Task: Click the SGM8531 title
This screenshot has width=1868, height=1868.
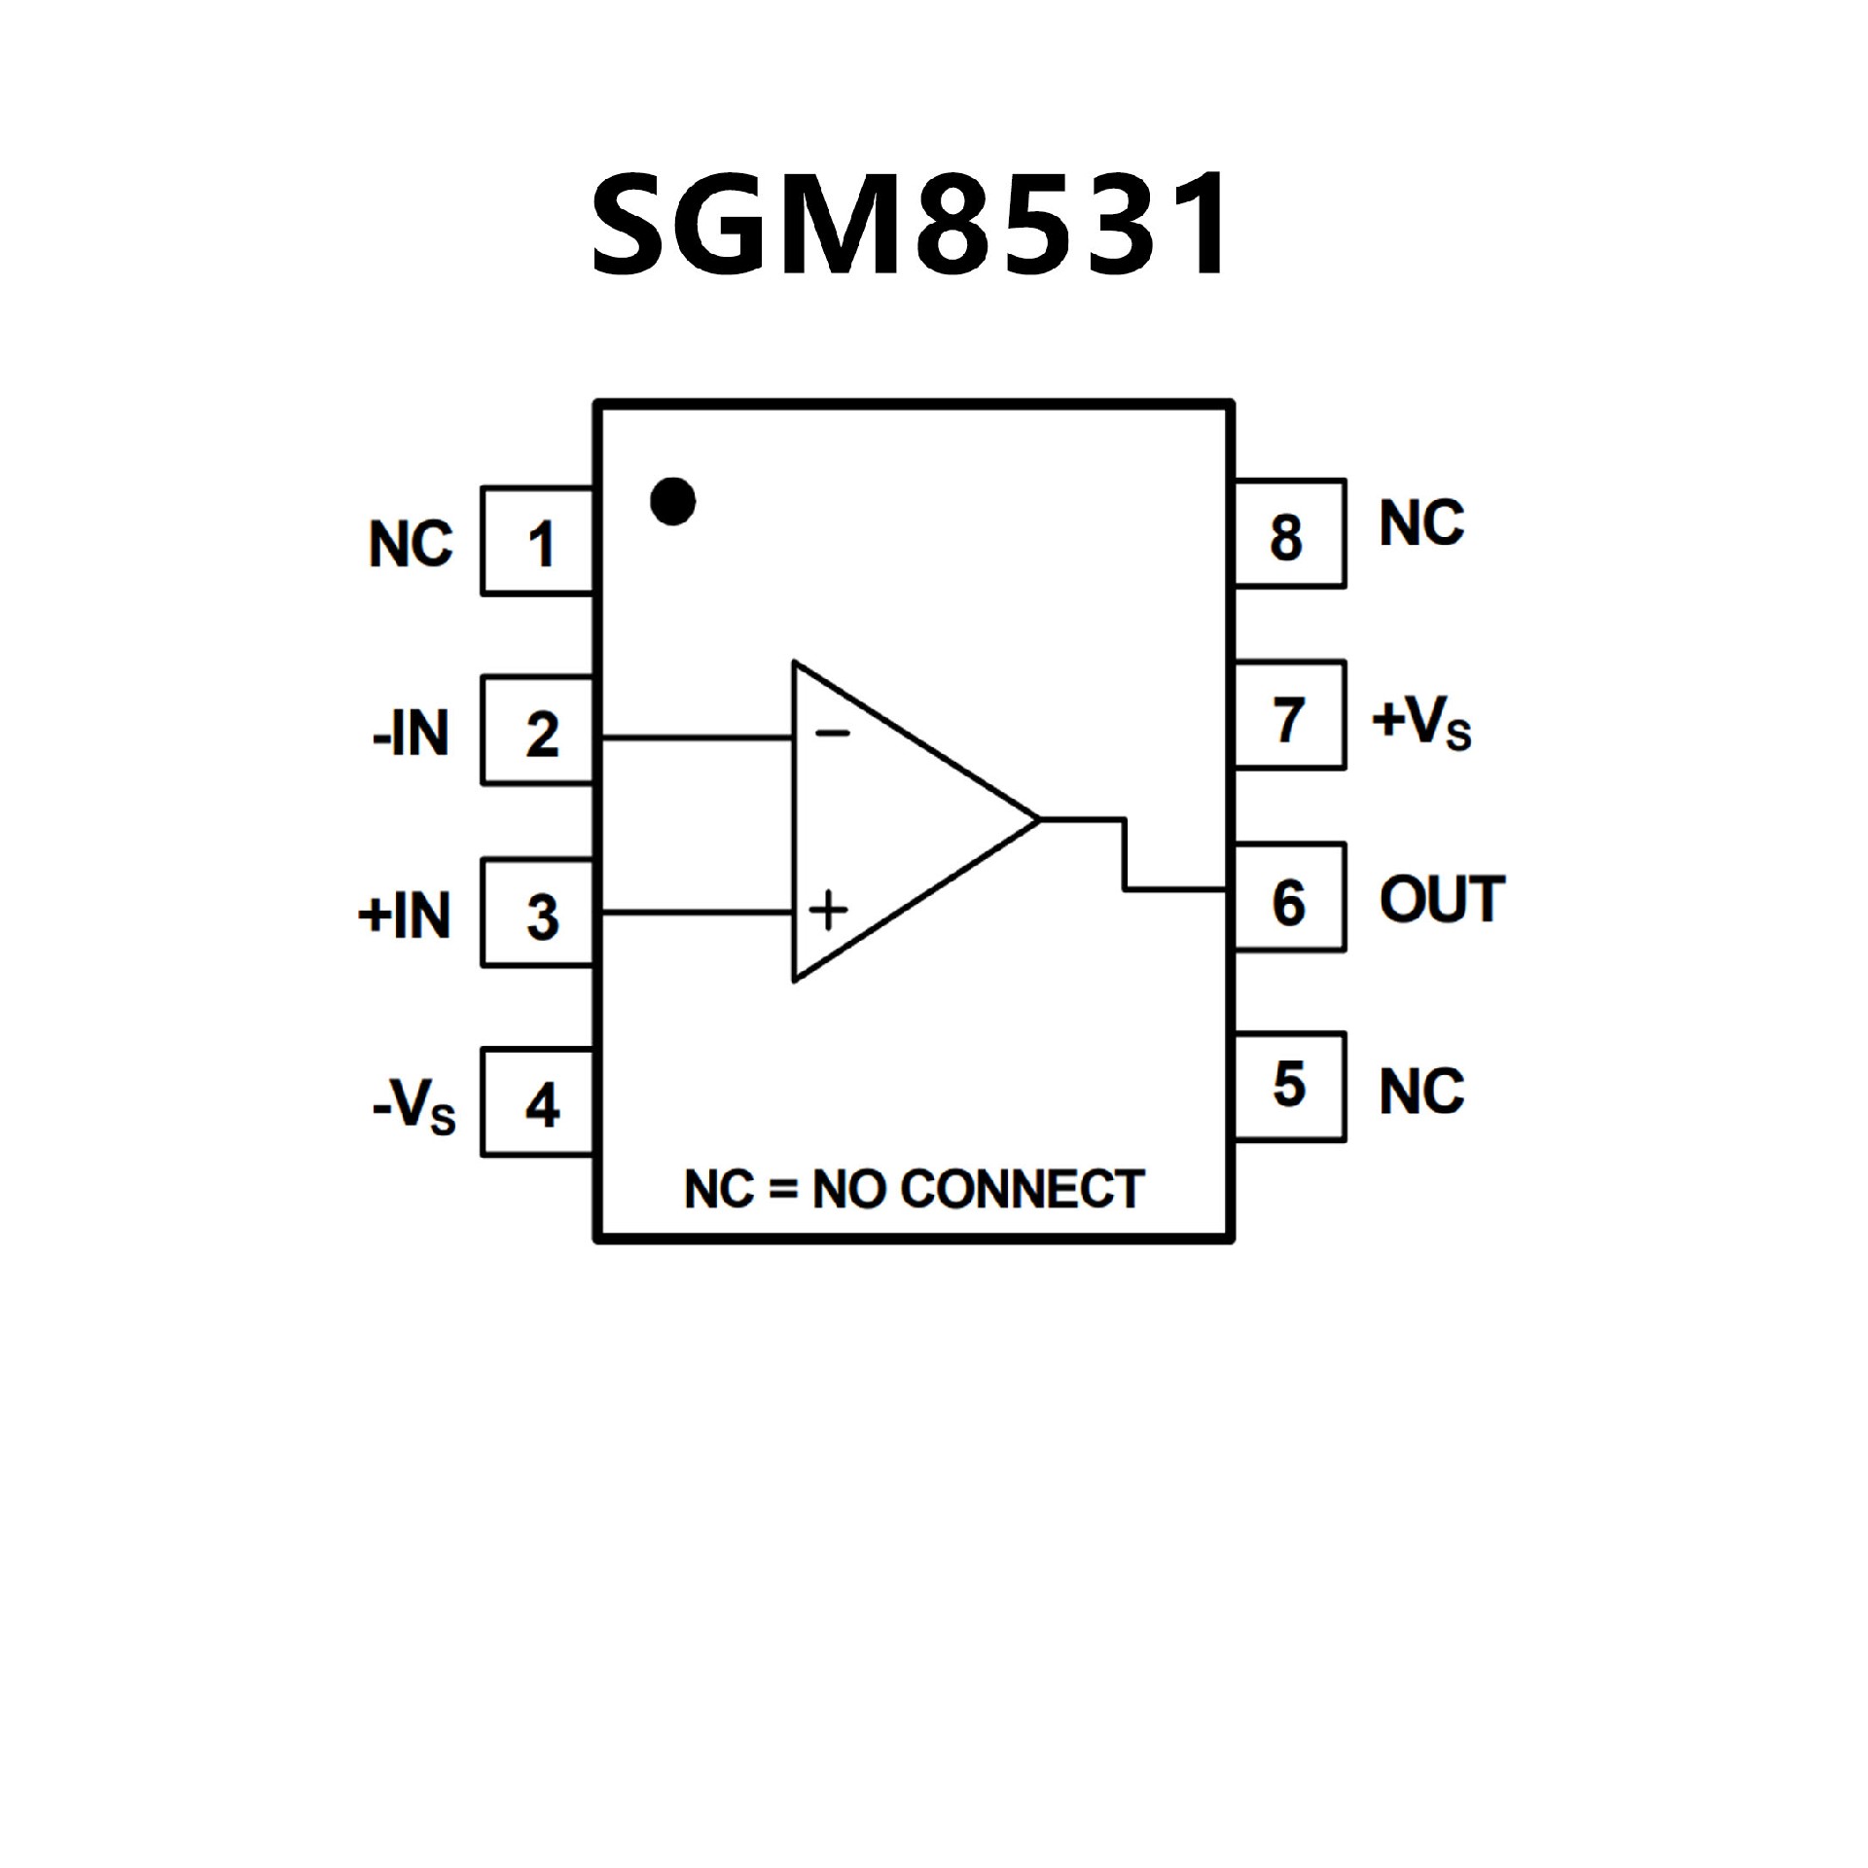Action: pyautogui.click(x=912, y=225)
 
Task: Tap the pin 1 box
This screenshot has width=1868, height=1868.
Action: pyautogui.click(x=538, y=542)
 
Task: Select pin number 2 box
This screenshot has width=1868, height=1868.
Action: pyautogui.click(x=538, y=732)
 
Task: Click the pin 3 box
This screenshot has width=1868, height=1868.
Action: pyautogui.click(x=538, y=914)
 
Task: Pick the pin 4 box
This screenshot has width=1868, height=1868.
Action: pyautogui.click(x=538, y=1103)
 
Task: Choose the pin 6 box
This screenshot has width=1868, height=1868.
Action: pyautogui.click(x=1290, y=898)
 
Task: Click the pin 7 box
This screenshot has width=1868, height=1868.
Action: pyautogui.click(x=1290, y=716)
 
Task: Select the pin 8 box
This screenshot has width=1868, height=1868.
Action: pyautogui.click(x=1290, y=534)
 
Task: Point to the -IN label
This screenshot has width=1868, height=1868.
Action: pyautogui.click(x=411, y=734)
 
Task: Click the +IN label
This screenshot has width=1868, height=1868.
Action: pyautogui.click(x=405, y=916)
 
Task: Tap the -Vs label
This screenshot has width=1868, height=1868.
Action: pyautogui.click(x=413, y=1107)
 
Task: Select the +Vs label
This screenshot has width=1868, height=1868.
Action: pyautogui.click(x=1421, y=723)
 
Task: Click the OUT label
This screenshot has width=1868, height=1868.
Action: pyautogui.click(x=1442, y=899)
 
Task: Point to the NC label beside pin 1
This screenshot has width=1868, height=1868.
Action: pyautogui.click(x=411, y=544)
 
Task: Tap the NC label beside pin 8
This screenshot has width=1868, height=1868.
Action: pyautogui.click(x=1421, y=523)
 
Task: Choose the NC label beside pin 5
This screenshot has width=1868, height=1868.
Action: pyautogui.click(x=1421, y=1091)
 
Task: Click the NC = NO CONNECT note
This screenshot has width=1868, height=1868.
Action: pyautogui.click(x=914, y=1189)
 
